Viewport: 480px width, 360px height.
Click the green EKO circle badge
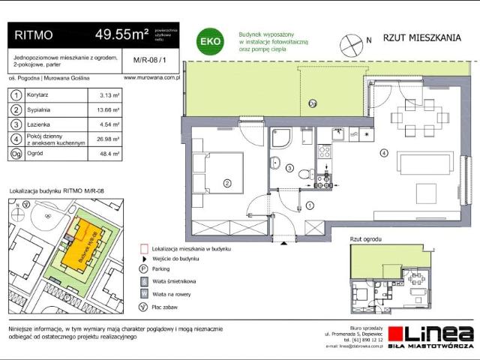pos(208,42)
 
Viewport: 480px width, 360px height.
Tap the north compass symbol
pos(351,46)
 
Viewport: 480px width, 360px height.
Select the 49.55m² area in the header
pos(120,34)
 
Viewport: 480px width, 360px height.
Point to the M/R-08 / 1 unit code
pos(145,61)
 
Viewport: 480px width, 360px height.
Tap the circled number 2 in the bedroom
pos(226,181)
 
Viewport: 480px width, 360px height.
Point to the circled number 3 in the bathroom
pos(291,169)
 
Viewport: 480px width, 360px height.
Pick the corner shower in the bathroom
pos(282,138)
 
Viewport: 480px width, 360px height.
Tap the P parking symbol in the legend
pos(143,268)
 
